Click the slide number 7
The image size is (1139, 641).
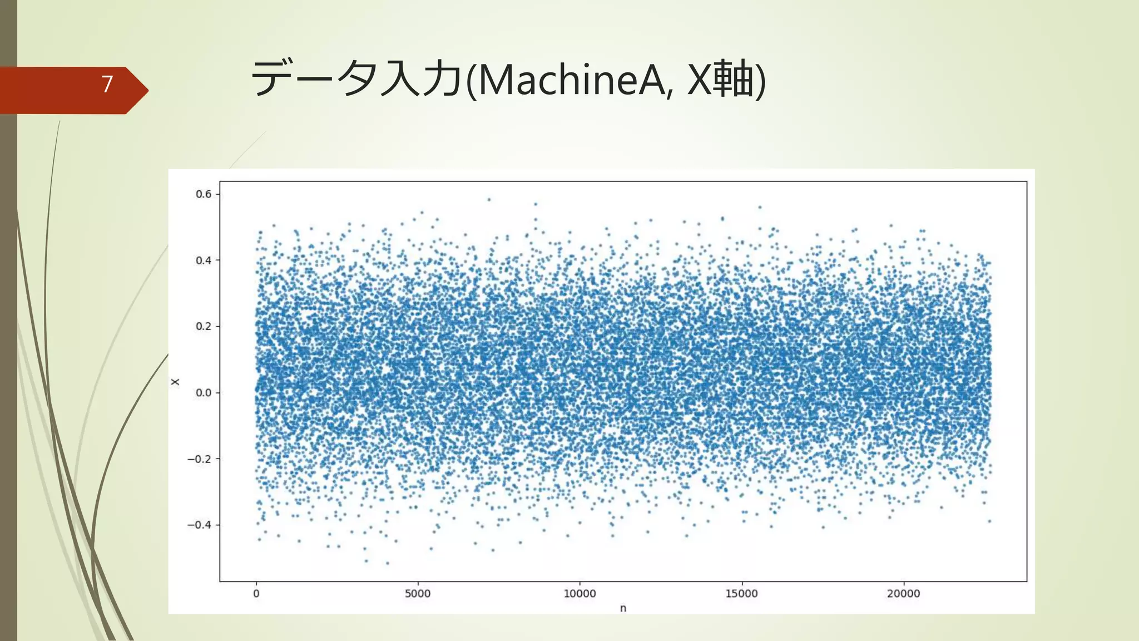[x=107, y=84]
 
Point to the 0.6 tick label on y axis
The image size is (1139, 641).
[x=204, y=194]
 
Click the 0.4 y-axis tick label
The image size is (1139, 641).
[x=204, y=260]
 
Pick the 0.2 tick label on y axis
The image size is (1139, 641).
[x=204, y=327]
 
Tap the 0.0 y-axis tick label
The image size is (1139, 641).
[x=204, y=393]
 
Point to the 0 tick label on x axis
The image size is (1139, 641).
[x=256, y=594]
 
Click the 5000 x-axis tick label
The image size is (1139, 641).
[x=418, y=594]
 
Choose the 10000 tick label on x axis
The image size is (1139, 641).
[x=580, y=594]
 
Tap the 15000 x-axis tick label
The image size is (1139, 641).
[x=741, y=594]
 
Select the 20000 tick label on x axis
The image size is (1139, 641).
[x=903, y=594]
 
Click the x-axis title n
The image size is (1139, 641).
[x=623, y=609]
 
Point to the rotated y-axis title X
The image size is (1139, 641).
[x=176, y=382]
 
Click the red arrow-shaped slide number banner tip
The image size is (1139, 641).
[x=142, y=90]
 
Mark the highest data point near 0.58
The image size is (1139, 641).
[x=489, y=199]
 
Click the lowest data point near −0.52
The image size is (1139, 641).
[x=388, y=563]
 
